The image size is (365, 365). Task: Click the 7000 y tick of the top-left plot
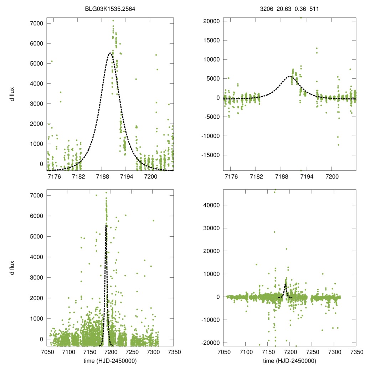pos(36,24)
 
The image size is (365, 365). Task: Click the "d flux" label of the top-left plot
pos(12,94)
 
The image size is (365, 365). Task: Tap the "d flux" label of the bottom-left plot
pos(12,268)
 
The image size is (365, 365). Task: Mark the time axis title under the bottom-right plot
pos(290,360)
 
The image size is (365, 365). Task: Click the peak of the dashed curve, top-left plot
pos(110,53)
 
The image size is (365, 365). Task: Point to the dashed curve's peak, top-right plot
pos(291,76)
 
